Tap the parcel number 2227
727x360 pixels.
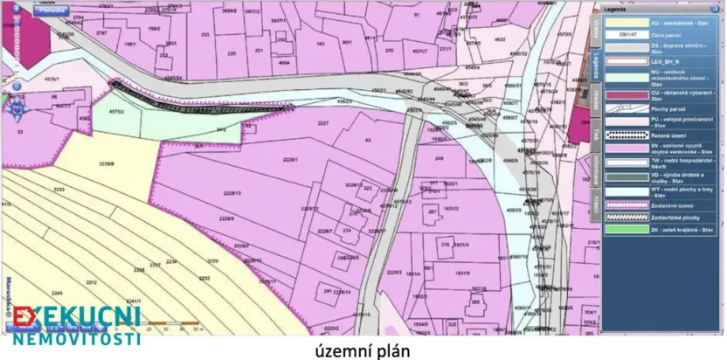[322, 123]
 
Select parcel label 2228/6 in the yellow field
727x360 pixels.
[107, 164]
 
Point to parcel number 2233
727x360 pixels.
[59, 190]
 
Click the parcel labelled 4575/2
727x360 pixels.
[116, 111]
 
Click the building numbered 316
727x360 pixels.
[445, 245]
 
